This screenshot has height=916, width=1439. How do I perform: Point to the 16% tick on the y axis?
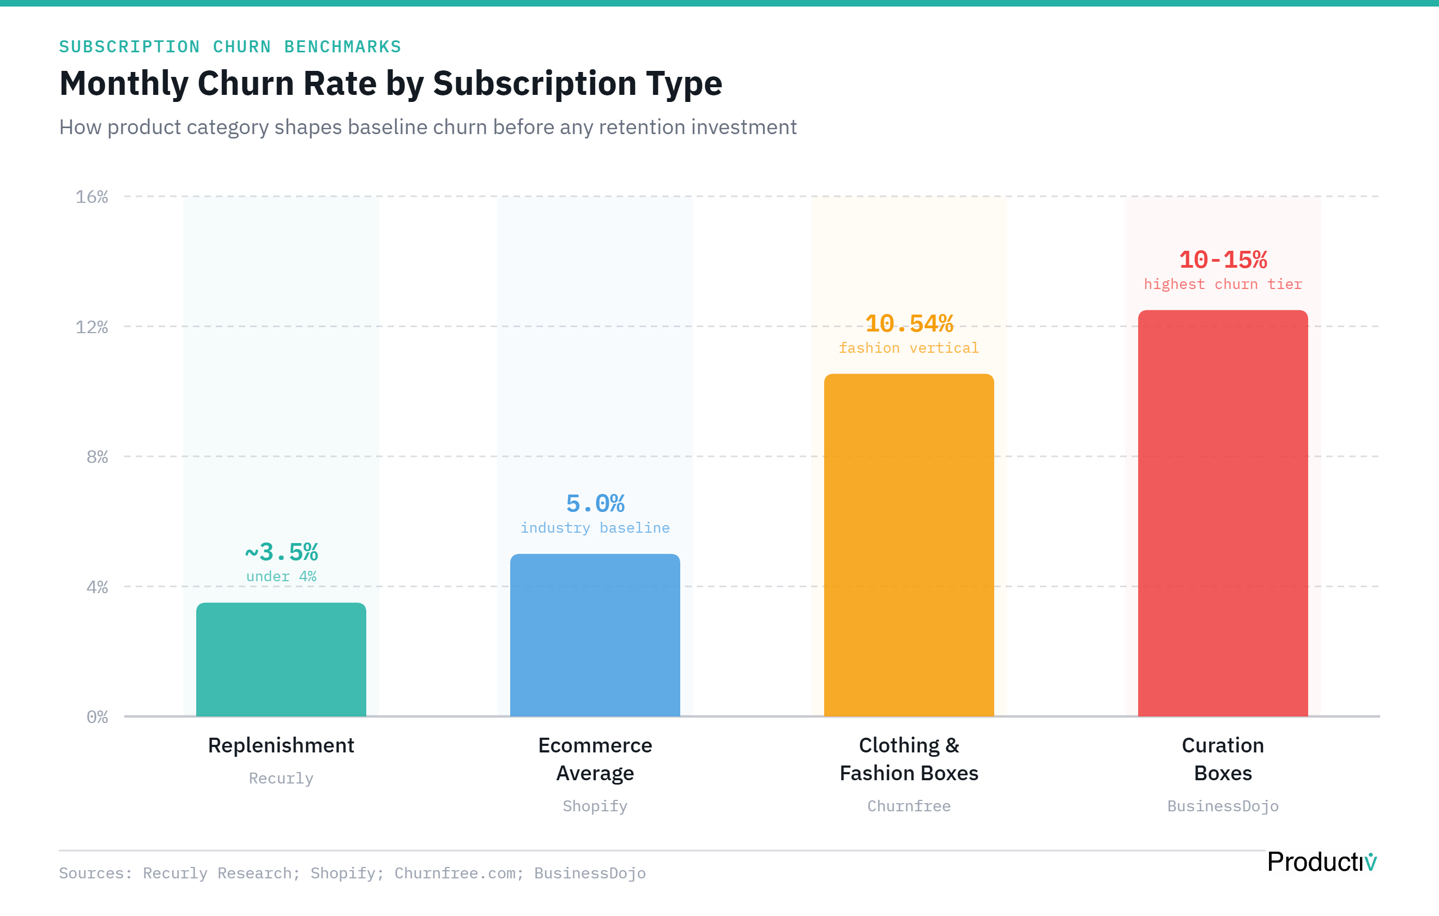(92, 197)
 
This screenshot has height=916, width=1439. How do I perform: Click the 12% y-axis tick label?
(92, 327)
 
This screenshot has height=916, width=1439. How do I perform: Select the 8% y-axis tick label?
(98, 457)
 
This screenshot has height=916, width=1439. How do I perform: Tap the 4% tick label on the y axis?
(98, 587)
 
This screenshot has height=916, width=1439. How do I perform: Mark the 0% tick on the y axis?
(98, 717)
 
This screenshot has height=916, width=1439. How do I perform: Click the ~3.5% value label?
(281, 552)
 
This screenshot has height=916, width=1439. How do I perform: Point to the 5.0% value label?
(595, 503)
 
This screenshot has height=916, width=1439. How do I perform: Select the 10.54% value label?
(909, 323)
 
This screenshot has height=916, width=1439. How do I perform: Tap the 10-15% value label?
(1223, 260)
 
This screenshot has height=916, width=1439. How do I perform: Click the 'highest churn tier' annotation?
(1223, 284)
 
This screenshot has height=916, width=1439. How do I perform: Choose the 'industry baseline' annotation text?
(595, 528)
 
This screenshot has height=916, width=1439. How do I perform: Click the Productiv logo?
(1321, 861)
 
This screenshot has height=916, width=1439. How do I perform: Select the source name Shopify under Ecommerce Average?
(595, 806)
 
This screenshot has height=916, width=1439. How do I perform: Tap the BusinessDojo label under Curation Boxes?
(1223, 806)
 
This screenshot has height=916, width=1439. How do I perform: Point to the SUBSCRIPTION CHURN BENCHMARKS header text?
(230, 47)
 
